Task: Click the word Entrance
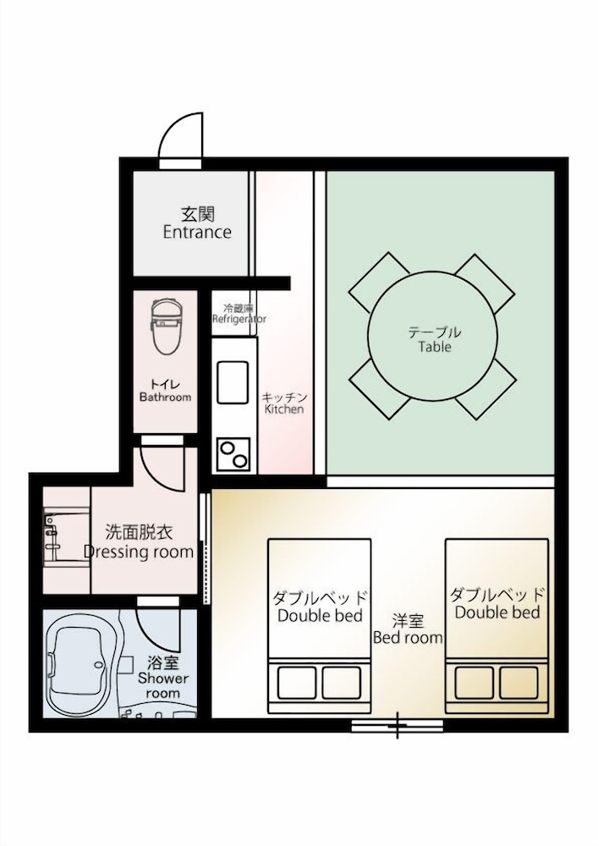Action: click(x=197, y=232)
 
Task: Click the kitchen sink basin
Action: click(x=233, y=382)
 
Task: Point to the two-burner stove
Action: click(x=233, y=454)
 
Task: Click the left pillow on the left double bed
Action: click(x=293, y=680)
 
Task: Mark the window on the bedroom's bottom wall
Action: click(x=397, y=725)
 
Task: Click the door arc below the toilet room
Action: click(x=161, y=464)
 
